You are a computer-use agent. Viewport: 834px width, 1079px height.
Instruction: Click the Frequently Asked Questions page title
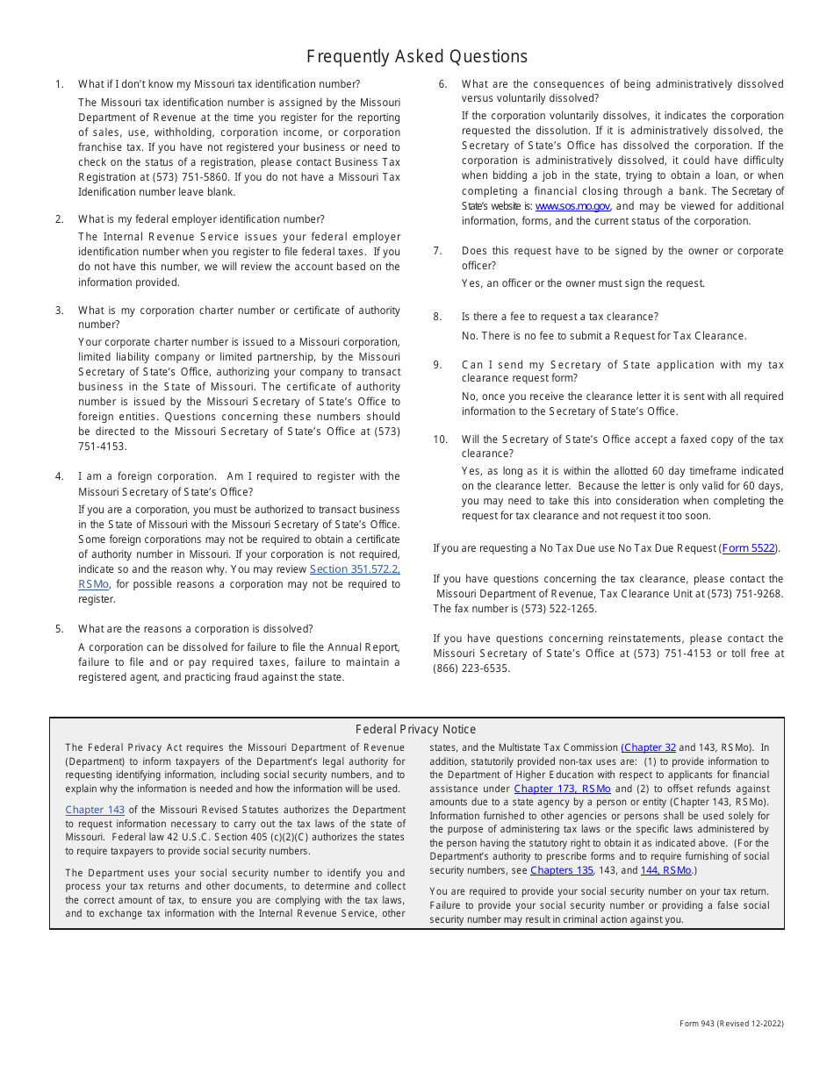coord(417,57)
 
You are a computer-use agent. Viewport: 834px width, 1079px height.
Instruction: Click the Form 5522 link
coord(749,548)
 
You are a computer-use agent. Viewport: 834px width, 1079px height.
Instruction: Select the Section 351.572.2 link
coord(355,569)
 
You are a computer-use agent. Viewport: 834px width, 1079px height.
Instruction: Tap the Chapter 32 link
coord(649,747)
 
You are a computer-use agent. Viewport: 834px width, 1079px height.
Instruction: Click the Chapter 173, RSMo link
coord(562,789)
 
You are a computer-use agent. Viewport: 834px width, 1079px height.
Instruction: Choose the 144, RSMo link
coord(665,870)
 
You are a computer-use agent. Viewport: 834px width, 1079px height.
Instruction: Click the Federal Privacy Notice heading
coord(416,729)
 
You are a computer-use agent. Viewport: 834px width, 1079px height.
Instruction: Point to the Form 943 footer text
coord(731,1023)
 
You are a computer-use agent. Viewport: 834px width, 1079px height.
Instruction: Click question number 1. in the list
coord(60,84)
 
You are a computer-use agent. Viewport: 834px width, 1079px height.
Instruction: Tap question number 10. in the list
coord(441,439)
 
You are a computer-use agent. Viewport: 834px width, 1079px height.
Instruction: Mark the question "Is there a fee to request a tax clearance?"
coord(560,317)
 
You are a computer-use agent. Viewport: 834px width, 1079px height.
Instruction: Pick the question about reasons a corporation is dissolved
coord(195,629)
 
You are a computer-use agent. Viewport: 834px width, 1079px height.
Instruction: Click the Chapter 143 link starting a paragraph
coord(95,810)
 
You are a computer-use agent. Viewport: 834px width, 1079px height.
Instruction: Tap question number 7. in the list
coord(437,251)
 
